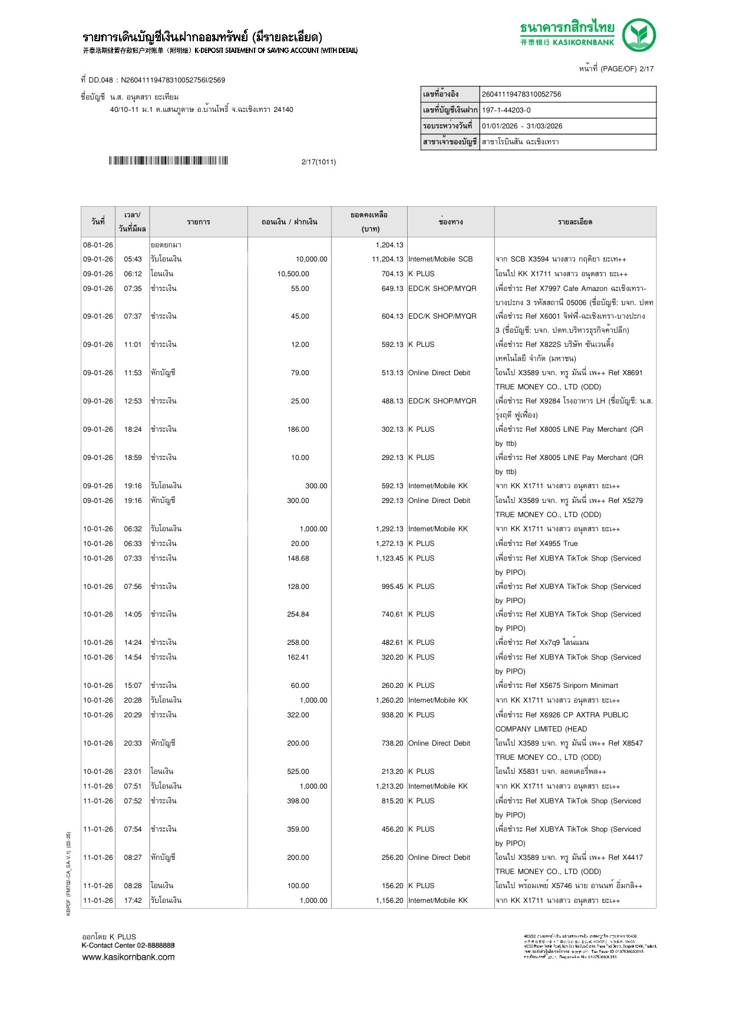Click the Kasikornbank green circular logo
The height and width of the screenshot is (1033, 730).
coord(639,35)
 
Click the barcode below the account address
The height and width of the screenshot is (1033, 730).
coord(169,161)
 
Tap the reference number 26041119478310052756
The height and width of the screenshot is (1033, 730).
coord(521,94)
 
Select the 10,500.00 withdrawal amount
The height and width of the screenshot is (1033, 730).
coord(293,274)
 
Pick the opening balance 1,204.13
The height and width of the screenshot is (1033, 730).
coord(389,245)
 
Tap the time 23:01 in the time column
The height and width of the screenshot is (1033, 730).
coord(133,772)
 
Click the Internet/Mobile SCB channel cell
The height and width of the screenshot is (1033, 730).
coord(440,259)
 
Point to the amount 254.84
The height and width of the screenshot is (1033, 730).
coord(298,614)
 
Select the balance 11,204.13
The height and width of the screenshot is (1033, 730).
coord(387,259)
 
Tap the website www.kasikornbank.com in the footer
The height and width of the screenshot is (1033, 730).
coord(128,957)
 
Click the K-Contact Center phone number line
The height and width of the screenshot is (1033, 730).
coord(128,945)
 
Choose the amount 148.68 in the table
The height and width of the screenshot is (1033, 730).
coord(298,558)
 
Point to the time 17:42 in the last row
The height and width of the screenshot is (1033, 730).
coord(133,900)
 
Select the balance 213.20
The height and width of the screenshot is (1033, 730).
coord(392,772)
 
